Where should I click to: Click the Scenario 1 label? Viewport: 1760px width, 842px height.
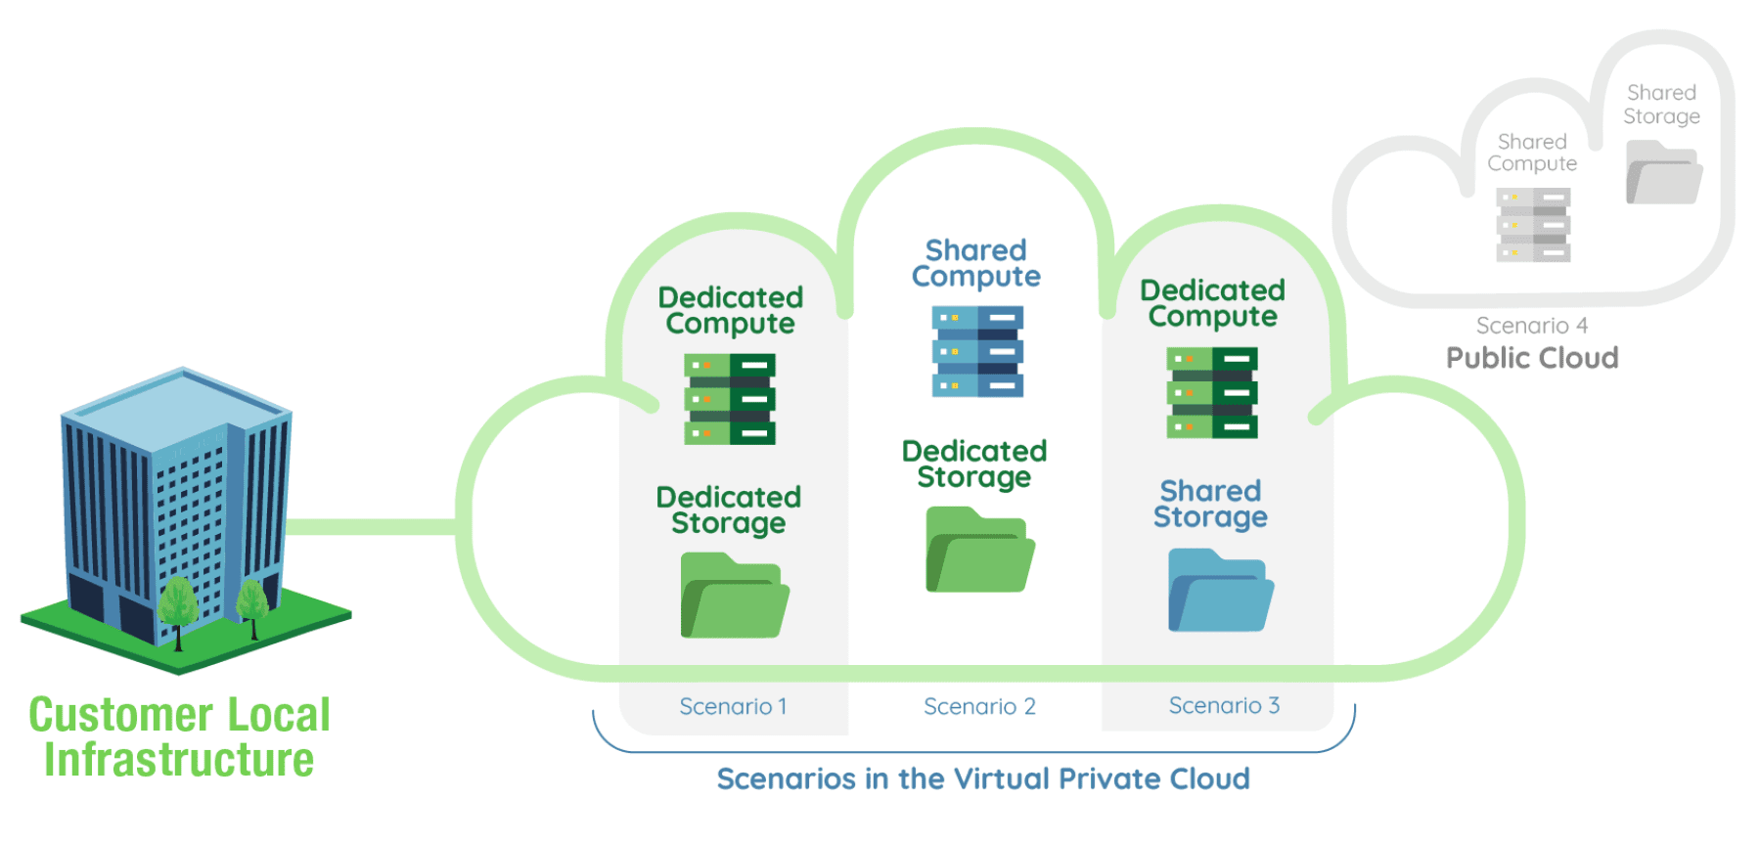[x=733, y=706]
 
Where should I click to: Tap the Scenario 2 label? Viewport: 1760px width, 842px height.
[x=979, y=706]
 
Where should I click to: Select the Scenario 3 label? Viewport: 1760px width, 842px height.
[x=1224, y=705]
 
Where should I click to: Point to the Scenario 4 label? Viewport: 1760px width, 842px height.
[x=1531, y=326]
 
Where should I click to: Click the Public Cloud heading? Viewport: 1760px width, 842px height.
[x=1532, y=358]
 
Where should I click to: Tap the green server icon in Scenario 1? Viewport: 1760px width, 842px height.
[x=730, y=399]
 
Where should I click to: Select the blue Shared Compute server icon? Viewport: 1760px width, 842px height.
[x=977, y=351]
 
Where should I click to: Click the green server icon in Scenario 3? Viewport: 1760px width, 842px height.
[x=1212, y=392]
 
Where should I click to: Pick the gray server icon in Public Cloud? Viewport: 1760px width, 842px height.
[x=1533, y=225]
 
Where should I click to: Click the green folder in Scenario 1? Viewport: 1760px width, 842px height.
[x=735, y=597]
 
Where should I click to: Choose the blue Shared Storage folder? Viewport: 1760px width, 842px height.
[x=1220, y=592]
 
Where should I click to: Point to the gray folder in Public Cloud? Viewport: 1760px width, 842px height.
[x=1663, y=173]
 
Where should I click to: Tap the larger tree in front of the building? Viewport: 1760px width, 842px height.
[x=178, y=606]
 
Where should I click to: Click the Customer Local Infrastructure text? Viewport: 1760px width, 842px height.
[x=179, y=737]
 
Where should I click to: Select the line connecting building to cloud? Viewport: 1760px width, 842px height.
[x=372, y=527]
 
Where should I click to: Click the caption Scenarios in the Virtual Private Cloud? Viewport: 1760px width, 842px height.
[x=982, y=778]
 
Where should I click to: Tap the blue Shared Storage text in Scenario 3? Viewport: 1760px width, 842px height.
[x=1210, y=504]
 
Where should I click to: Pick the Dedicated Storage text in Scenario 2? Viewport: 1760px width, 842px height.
[x=974, y=464]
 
